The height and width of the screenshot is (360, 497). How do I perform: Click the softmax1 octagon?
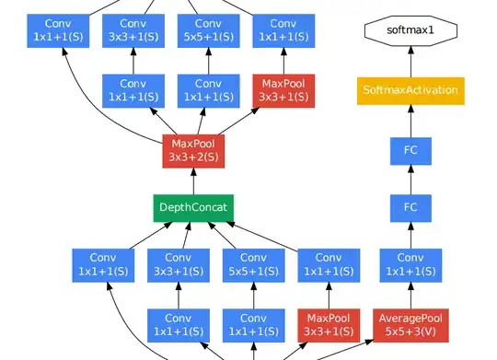[410, 30]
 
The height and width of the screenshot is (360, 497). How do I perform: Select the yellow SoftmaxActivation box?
[410, 91]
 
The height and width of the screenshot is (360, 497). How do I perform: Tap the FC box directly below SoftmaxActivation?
[410, 148]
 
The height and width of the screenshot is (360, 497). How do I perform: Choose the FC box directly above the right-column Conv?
[410, 206]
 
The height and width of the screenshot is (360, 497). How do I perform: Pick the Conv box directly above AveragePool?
[410, 265]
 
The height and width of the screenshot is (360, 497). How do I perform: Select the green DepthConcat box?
[193, 206]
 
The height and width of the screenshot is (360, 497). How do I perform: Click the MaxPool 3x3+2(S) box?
[193, 149]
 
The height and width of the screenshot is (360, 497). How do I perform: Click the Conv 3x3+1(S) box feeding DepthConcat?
[176, 265]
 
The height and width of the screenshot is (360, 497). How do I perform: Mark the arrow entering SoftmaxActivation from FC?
[410, 120]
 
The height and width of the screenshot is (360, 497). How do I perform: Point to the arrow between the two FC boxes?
[410, 177]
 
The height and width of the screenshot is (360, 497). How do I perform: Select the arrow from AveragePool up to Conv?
[410, 296]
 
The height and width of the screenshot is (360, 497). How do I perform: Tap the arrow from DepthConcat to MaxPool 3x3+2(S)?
[193, 178]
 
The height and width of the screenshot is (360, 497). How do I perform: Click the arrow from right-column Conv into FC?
[410, 236]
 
